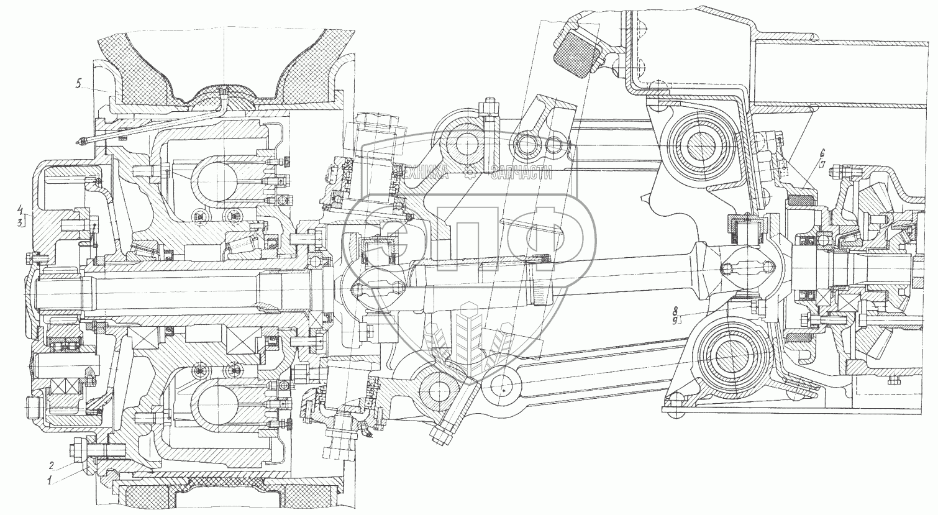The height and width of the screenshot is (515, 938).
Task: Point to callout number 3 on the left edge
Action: tap(20, 222)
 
